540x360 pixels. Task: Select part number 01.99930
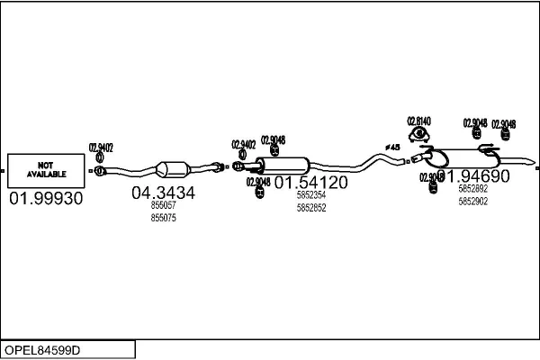pyautogui.click(x=45, y=199)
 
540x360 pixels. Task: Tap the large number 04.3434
pyautogui.click(x=163, y=193)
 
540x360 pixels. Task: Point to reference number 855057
pyautogui.click(x=163, y=206)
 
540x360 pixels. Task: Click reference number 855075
pyautogui.click(x=163, y=218)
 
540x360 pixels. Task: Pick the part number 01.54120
pyautogui.click(x=310, y=183)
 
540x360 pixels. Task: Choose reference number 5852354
pyautogui.click(x=310, y=195)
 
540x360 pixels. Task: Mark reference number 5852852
pyautogui.click(x=310, y=208)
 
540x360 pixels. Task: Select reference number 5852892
pyautogui.click(x=472, y=189)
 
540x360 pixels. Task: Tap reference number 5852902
pyautogui.click(x=472, y=202)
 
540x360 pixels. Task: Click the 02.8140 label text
pyautogui.click(x=418, y=121)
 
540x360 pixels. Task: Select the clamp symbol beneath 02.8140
pyautogui.click(x=418, y=135)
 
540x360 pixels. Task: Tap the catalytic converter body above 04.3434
pyautogui.click(x=175, y=169)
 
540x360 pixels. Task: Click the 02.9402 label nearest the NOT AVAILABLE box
pyautogui.click(x=100, y=148)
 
